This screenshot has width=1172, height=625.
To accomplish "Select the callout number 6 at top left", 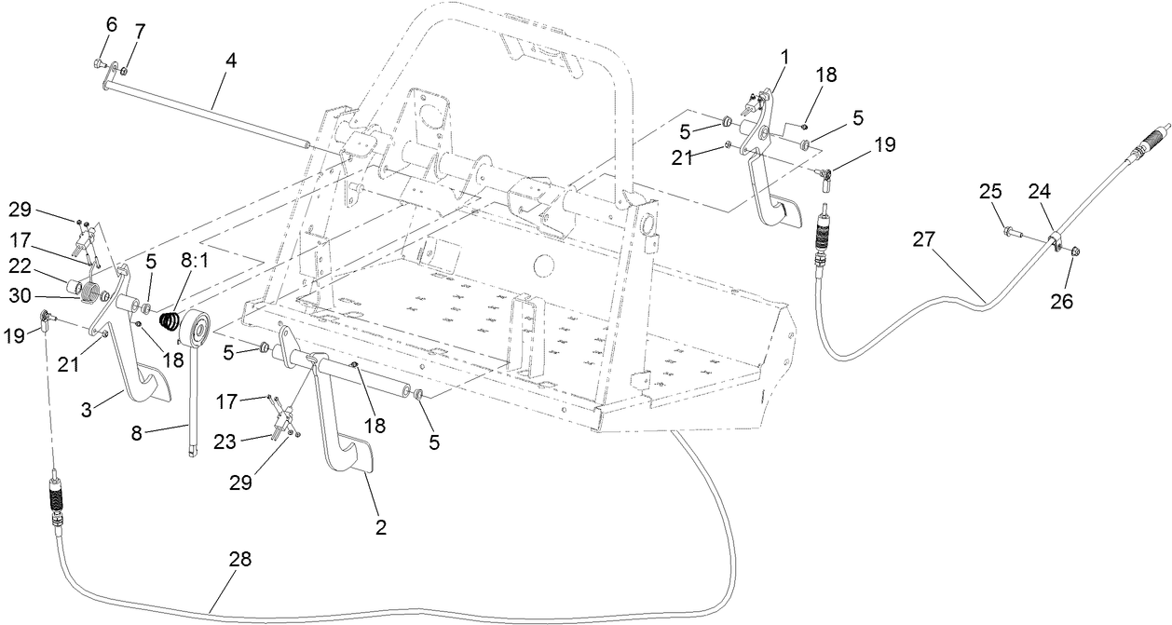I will click(111, 24).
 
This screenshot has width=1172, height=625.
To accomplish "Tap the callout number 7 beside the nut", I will click(140, 33).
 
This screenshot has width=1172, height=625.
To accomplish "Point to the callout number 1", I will click(784, 58).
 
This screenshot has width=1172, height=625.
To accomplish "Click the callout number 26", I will click(1062, 301).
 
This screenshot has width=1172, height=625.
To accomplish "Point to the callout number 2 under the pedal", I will click(379, 527).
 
